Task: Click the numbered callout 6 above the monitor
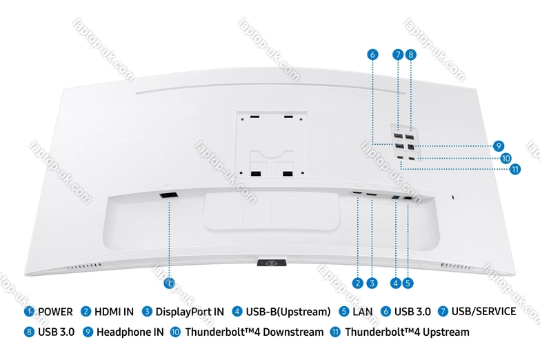point(372,54)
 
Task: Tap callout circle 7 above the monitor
point(398,54)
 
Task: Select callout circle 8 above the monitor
point(411,54)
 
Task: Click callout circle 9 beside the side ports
point(499,146)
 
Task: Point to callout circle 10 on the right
point(506,159)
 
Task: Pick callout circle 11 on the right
point(515,169)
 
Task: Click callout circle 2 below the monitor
point(358,283)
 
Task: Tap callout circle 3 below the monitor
point(372,283)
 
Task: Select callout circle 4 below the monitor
point(396,283)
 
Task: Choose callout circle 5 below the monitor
point(408,283)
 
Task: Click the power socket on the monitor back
point(169,195)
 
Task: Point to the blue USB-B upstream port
point(396,198)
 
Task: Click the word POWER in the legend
point(55,312)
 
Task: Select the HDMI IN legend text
point(114,312)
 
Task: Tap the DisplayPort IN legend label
point(190,312)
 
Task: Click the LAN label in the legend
point(363,312)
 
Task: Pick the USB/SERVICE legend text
point(484,312)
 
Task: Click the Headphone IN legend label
point(130,332)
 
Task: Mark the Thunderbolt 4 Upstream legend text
point(408,332)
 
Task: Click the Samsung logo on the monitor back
point(130,139)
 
